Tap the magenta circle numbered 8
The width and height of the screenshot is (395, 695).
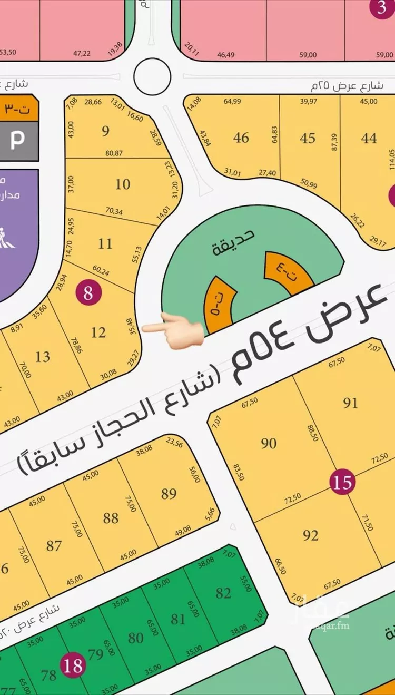[88, 292]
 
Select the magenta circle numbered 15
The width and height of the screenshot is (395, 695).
[342, 482]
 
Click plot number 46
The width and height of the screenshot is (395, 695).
[241, 138]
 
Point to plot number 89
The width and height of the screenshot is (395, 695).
[169, 494]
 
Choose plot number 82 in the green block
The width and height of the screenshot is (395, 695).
[223, 593]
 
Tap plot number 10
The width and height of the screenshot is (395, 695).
[123, 184]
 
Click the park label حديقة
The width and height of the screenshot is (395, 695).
[233, 242]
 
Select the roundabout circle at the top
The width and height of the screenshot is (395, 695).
[152, 77]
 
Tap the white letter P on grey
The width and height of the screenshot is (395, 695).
[18, 140]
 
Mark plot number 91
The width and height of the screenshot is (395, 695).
[350, 403]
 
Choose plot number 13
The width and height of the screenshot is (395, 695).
[43, 357]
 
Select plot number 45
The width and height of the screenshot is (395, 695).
[308, 138]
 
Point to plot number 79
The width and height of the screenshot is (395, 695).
[96, 655]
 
